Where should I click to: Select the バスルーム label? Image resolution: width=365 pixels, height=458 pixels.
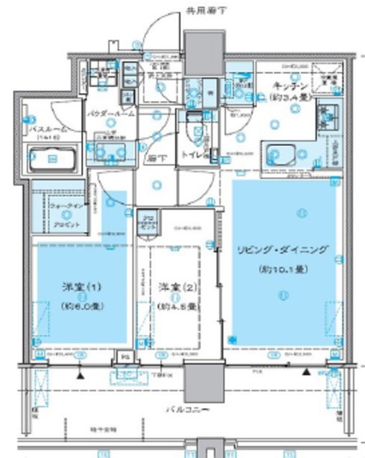tap(49, 129)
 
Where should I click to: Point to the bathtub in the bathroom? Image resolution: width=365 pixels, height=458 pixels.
tap(53, 157)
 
